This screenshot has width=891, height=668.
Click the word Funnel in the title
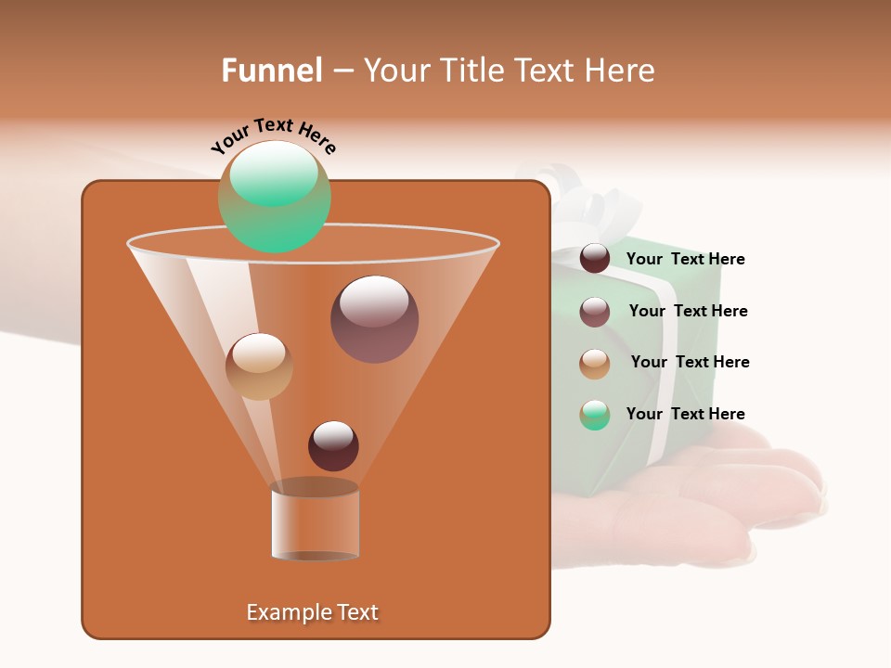pyautogui.click(x=271, y=71)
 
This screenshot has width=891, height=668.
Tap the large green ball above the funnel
pyautogui.click(x=275, y=197)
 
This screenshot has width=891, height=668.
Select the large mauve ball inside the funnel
pyautogui.click(x=374, y=319)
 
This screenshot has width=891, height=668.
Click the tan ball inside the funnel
pyautogui.click(x=259, y=366)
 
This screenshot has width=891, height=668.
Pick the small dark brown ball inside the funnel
pyautogui.click(x=333, y=445)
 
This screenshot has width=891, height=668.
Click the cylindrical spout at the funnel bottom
pyautogui.click(x=316, y=521)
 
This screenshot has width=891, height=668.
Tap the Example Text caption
pyautogui.click(x=313, y=612)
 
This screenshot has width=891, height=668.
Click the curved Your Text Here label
pyautogui.click(x=273, y=135)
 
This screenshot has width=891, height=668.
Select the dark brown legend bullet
pyautogui.click(x=595, y=259)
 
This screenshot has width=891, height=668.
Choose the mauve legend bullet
pyautogui.click(x=595, y=312)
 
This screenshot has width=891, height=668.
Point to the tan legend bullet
pyautogui.click(x=595, y=364)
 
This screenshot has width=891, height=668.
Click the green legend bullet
pyautogui.click(x=595, y=415)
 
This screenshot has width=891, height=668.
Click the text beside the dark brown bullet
pyautogui.click(x=685, y=259)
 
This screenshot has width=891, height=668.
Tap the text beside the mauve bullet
pyautogui.click(x=688, y=311)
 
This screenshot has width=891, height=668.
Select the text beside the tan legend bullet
pyautogui.click(x=690, y=362)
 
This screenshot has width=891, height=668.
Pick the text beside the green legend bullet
pyautogui.click(x=685, y=414)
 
